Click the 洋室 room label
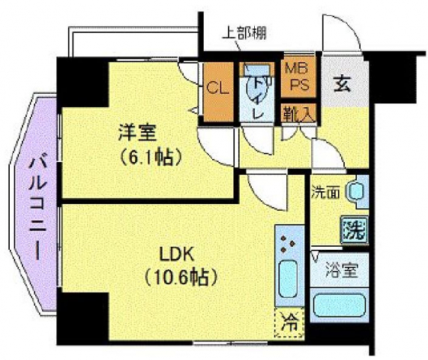136,133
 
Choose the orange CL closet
218,88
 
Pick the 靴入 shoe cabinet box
298,112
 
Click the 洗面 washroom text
326,192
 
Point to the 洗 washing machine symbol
354,229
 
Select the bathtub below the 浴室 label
338,307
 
